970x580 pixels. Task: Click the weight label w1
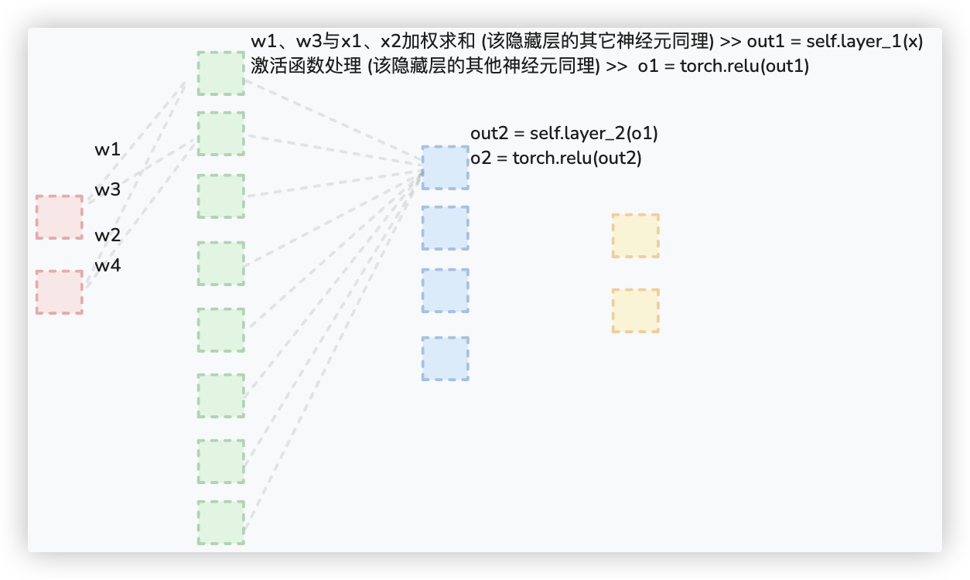point(108,150)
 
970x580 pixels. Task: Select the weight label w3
point(108,189)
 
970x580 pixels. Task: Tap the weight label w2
point(108,235)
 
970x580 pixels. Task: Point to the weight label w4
point(108,266)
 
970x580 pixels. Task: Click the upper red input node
point(59,217)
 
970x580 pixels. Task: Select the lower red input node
point(59,292)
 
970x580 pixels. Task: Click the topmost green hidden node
point(220,73)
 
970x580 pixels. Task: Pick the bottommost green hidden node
point(220,523)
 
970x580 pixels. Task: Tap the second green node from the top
point(220,134)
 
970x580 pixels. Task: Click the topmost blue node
point(445,168)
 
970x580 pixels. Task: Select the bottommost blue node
point(445,359)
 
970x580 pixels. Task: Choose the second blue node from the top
point(445,228)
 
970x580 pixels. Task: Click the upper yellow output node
point(635,236)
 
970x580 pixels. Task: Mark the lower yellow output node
point(635,311)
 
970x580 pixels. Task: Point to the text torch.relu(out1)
point(745,67)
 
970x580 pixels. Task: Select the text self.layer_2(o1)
point(594,134)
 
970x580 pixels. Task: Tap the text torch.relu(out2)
point(577,158)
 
